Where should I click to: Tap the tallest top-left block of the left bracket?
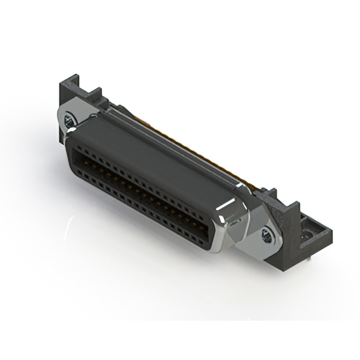66,93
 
